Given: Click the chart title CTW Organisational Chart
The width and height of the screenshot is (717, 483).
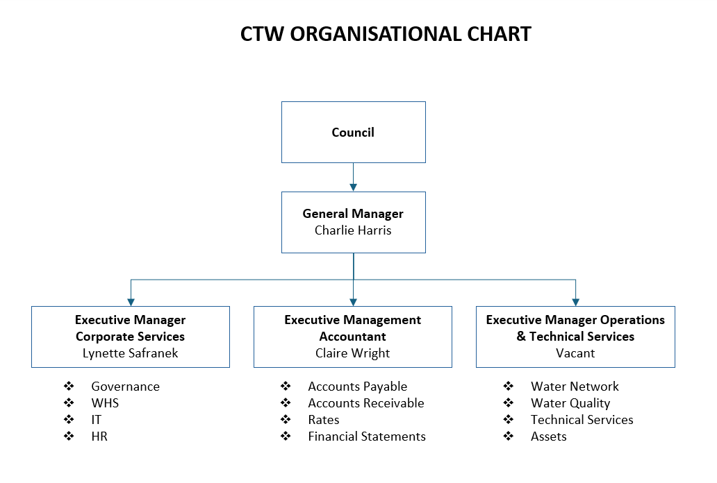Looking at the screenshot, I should click(386, 34).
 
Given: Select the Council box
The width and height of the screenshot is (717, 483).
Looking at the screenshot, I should click(353, 133).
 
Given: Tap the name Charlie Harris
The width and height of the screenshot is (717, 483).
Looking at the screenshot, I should click(353, 230).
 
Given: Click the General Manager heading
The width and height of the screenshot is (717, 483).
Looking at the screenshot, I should click(353, 214).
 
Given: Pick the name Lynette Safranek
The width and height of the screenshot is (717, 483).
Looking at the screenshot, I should click(130, 353).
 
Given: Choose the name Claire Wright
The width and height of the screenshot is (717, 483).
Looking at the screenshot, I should click(353, 353).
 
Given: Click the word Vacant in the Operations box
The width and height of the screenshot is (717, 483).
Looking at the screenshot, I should click(575, 353).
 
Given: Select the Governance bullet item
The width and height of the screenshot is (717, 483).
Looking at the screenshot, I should click(125, 387).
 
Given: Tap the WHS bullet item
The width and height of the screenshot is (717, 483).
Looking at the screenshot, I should click(105, 403).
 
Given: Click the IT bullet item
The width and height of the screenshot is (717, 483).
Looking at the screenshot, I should click(96, 420).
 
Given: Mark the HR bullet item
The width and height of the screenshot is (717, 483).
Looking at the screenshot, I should click(99, 437).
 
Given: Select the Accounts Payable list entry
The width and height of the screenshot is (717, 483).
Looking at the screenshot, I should click(357, 387).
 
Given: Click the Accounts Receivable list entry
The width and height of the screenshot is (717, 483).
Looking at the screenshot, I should click(365, 403).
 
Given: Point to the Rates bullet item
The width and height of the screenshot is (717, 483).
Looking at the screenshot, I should click(324, 420).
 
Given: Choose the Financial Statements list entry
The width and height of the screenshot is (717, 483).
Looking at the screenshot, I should click(367, 437).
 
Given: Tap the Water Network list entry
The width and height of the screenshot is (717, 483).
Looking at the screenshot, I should click(575, 387).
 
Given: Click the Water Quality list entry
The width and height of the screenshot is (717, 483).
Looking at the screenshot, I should click(570, 403).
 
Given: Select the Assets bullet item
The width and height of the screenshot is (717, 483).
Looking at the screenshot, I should click(548, 437).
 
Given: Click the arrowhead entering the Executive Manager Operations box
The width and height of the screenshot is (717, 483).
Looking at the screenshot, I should click(575, 302).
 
